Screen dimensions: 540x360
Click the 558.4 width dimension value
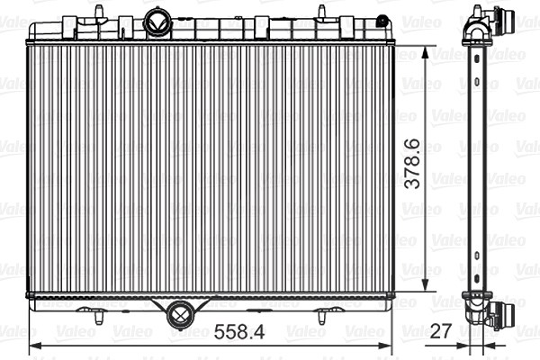pos(239,332)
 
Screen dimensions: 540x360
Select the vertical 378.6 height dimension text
pos(412,164)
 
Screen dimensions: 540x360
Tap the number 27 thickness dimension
pos(440,330)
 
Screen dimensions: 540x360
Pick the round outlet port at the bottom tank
pos(181,314)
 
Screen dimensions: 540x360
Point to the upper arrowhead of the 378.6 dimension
pos(426,53)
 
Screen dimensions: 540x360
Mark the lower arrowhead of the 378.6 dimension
pos(426,283)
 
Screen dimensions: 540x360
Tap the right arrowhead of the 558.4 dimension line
pos(385,346)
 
